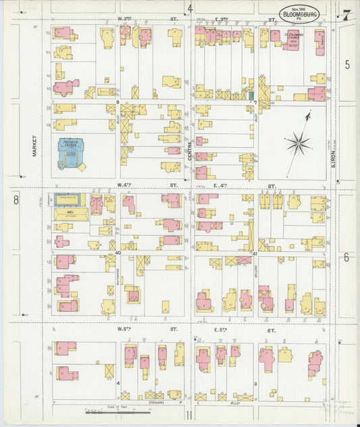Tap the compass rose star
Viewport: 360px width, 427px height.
[x=297, y=143]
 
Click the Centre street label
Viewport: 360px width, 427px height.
[x=191, y=147]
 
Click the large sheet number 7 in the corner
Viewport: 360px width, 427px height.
[x=346, y=15]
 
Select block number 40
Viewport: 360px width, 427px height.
[x=118, y=253]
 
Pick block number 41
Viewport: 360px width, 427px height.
[x=255, y=253]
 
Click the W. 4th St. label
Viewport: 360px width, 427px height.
[x=126, y=184]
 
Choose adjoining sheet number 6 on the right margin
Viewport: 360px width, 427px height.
[x=346, y=257]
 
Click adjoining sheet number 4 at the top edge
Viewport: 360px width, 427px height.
[x=190, y=9]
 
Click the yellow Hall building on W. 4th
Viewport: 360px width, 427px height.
[x=70, y=213]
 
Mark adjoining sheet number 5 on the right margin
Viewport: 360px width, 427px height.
[x=347, y=64]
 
